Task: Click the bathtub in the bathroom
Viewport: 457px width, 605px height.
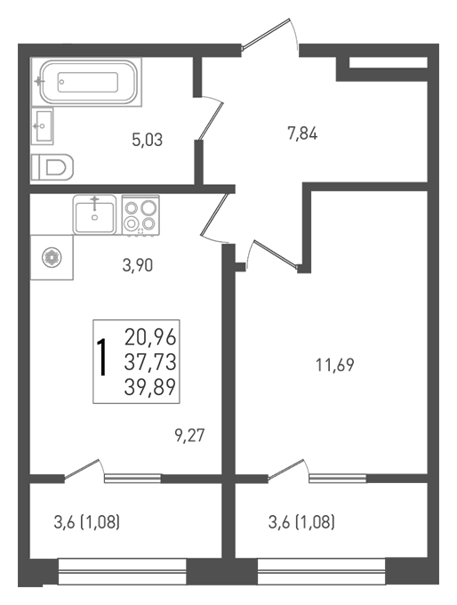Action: click(x=87, y=82)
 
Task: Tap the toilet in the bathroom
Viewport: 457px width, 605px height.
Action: click(x=52, y=167)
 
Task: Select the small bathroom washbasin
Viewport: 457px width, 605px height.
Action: click(x=42, y=125)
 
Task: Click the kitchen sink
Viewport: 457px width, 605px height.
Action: click(x=95, y=214)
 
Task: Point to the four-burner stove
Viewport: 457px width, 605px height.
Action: click(x=140, y=215)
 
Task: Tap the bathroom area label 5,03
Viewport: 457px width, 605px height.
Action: click(x=148, y=140)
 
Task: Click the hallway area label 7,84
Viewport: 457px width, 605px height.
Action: click(x=302, y=134)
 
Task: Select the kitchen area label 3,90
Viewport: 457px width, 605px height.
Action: click(x=138, y=265)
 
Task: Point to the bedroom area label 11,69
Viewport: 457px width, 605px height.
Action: click(x=334, y=365)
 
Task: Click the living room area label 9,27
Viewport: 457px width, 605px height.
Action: click(x=189, y=436)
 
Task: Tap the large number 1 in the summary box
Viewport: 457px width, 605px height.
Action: click(x=102, y=358)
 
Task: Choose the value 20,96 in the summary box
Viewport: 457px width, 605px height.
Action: click(x=150, y=337)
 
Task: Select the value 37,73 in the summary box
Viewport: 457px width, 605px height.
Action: click(x=150, y=362)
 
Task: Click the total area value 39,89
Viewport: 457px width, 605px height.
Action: click(x=150, y=387)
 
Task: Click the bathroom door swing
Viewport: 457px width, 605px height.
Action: click(x=211, y=117)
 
